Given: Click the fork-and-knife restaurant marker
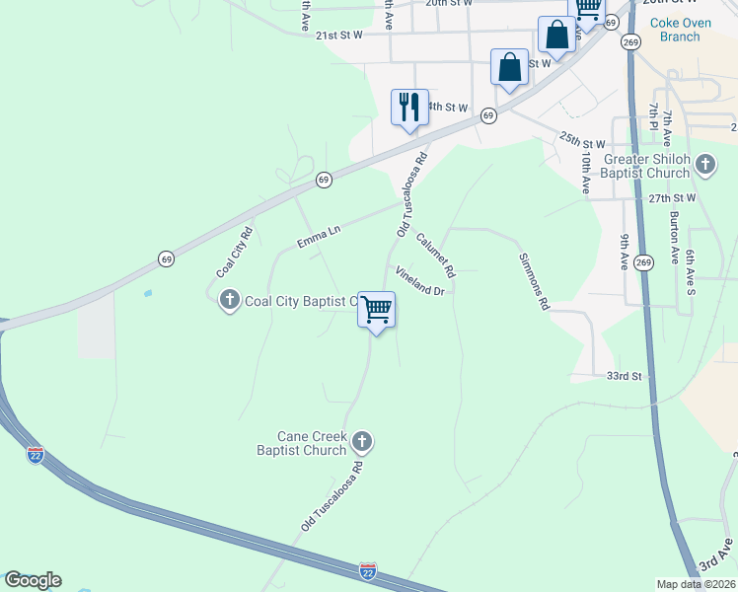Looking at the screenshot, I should point(409,107).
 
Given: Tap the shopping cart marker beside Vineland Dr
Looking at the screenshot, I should point(376,310).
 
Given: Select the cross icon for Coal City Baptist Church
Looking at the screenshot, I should point(230,300).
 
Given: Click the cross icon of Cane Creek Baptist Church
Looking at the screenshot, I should point(362,441).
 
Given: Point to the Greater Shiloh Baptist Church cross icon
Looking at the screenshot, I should point(704,164).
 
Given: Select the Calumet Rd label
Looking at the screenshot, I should point(435,255).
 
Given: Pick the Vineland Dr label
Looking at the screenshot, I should point(421,280).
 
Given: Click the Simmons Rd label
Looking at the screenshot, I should point(534,281).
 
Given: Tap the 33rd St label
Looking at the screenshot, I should point(624,376).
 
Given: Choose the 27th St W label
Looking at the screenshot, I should point(673,198).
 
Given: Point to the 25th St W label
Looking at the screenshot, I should point(581,143).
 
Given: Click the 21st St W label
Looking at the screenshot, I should point(340,35).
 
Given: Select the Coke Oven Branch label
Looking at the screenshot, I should point(673,30).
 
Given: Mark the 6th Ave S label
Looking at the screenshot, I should point(690,272).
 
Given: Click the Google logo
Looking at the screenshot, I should point(33,580).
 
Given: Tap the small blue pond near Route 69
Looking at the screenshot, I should point(148,293).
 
